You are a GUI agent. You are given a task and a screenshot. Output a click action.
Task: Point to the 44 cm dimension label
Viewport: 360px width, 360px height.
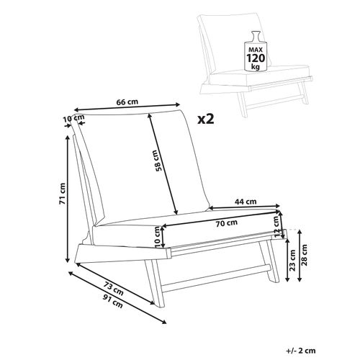tap(247, 202)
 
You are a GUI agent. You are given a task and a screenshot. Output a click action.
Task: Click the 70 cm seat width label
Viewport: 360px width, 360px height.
tap(226, 222)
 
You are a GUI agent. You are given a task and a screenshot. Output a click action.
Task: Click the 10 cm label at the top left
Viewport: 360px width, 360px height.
tap(69, 118)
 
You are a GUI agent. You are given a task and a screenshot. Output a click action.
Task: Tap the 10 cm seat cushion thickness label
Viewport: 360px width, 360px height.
tap(157, 235)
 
